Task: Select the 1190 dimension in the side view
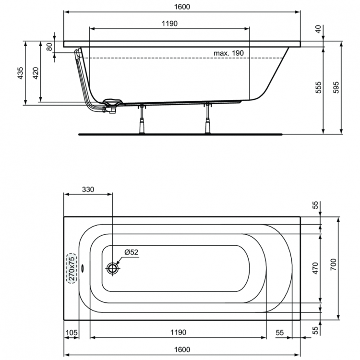(x=170, y=24)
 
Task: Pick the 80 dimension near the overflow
(x=48, y=47)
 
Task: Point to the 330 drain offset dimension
(x=87, y=189)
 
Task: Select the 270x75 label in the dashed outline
(x=71, y=268)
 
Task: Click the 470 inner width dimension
(x=315, y=268)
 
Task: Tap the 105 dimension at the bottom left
(x=71, y=333)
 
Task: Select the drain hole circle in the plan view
(x=113, y=268)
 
